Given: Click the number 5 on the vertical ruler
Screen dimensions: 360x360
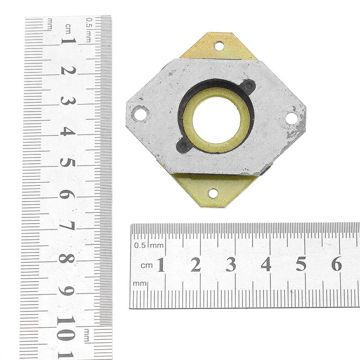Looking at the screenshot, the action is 68,162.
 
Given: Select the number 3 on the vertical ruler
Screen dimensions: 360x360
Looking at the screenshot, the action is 68,100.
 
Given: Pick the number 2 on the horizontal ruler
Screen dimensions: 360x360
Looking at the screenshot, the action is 196,264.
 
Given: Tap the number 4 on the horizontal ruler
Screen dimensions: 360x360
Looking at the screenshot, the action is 266,264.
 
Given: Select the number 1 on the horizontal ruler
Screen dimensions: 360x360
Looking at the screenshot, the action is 161,265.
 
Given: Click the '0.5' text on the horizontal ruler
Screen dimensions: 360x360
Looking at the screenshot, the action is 140,245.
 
